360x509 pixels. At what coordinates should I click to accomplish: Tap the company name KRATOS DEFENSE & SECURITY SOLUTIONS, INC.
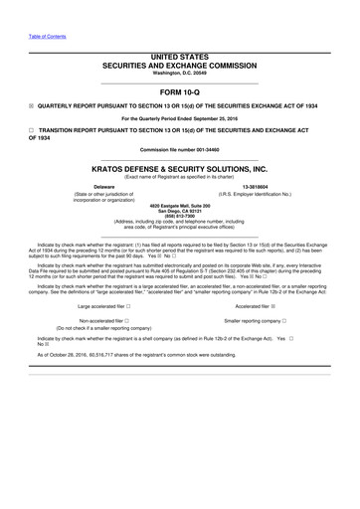180,170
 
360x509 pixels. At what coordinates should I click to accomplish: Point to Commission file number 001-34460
180,156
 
